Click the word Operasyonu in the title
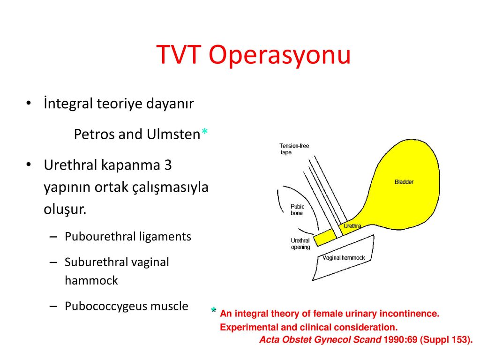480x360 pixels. click(x=280, y=56)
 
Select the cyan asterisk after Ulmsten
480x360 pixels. click(x=205, y=132)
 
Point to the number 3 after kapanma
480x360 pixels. click(x=168, y=165)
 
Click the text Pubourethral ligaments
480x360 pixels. click(x=128, y=237)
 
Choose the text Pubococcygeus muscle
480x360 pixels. click(x=127, y=307)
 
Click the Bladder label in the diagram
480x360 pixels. click(x=404, y=182)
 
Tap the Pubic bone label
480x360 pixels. click(x=297, y=210)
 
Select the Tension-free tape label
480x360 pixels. click(x=294, y=149)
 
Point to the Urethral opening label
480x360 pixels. click(x=300, y=244)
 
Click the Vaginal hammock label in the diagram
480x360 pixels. click(x=344, y=258)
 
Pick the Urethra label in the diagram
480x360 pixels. click(x=352, y=226)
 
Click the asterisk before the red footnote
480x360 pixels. click(x=214, y=310)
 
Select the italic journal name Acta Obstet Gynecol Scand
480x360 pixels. click(x=320, y=340)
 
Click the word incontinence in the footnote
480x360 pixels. click(x=409, y=314)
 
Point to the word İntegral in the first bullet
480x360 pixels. click(x=67, y=104)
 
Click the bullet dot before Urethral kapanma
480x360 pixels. click(x=29, y=165)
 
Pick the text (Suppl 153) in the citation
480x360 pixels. click(x=446, y=340)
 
